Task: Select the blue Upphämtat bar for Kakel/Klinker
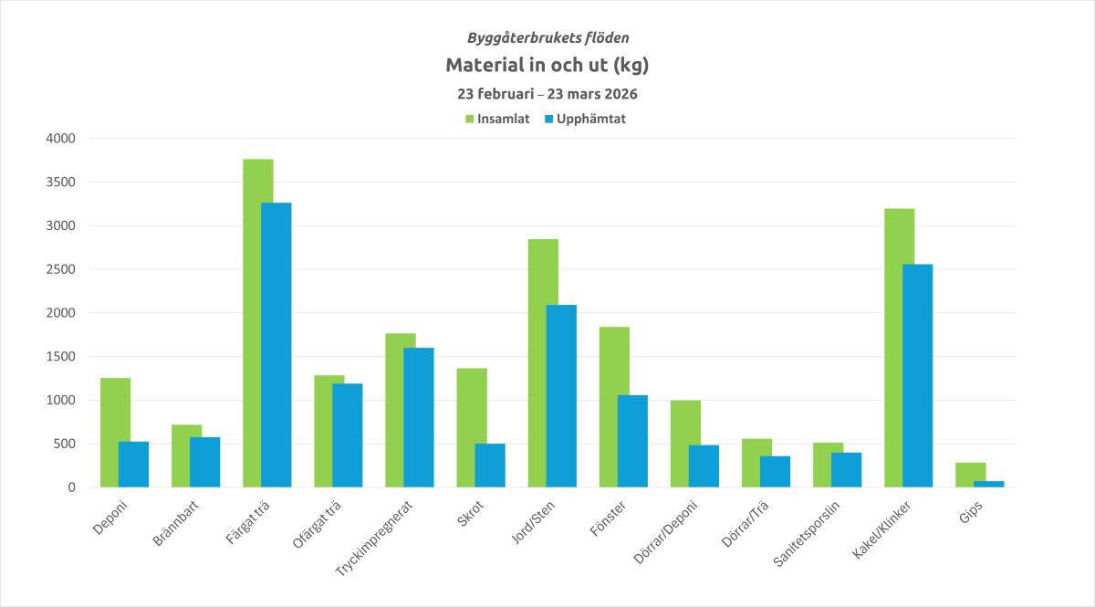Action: [917, 375]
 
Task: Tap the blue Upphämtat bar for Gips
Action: [988, 484]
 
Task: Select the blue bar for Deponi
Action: [133, 464]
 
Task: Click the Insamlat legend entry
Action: [497, 119]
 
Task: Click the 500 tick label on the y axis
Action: [63, 444]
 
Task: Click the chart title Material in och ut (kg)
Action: [547, 66]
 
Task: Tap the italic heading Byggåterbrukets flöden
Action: [547, 38]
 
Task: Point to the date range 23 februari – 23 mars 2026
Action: [547, 94]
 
